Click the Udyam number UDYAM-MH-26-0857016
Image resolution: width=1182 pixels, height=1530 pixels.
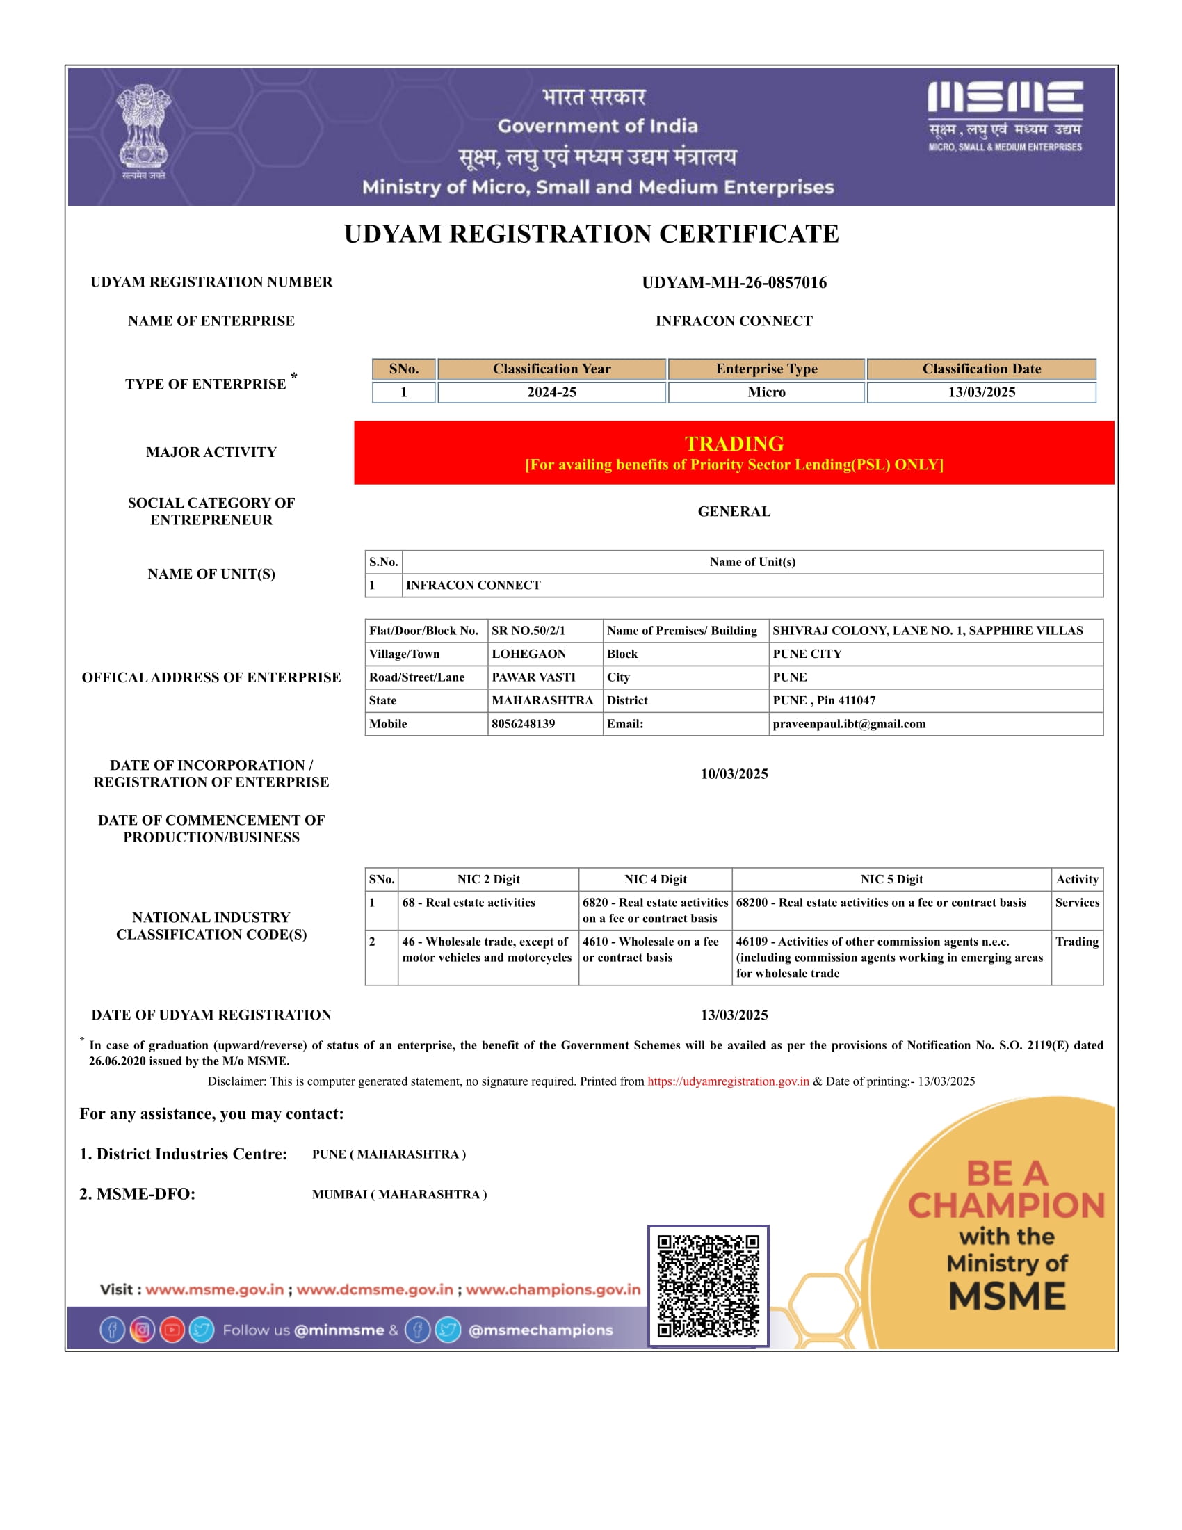click(734, 282)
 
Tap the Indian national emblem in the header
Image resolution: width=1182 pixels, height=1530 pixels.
click(143, 131)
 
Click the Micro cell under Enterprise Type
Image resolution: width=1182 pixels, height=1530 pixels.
click(766, 392)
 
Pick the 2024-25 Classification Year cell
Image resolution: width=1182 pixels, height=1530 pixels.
click(552, 392)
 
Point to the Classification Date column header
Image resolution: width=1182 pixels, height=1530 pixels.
click(981, 369)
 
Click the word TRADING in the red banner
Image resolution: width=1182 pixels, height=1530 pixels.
click(734, 444)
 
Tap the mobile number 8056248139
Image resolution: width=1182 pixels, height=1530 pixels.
click(523, 724)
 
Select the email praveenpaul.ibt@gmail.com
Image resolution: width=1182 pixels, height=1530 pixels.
click(849, 724)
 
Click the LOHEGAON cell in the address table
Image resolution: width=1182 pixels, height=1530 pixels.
click(528, 654)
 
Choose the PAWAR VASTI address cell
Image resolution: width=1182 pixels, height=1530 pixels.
click(533, 677)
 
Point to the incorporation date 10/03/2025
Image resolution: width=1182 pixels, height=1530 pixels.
click(734, 773)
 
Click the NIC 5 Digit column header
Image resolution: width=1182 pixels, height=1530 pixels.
click(891, 879)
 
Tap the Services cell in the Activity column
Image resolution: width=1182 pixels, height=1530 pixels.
click(1077, 902)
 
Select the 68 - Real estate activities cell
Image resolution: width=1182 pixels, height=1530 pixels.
click(469, 902)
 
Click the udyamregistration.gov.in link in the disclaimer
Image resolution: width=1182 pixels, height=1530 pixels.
click(728, 1081)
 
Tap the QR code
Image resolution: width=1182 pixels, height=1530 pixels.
click(709, 1285)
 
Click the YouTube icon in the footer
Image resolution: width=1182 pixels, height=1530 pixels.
click(172, 1330)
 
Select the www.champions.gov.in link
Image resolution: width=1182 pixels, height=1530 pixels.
click(553, 1289)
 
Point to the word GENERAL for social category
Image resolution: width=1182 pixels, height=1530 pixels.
click(734, 511)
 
